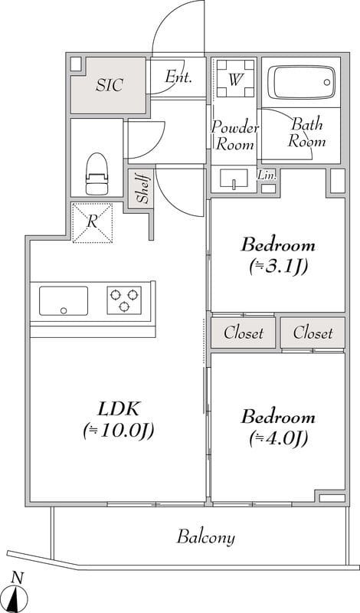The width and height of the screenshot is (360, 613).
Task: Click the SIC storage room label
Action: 110,85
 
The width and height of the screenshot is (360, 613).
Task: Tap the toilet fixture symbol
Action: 97,174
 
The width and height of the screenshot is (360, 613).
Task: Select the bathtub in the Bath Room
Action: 301,83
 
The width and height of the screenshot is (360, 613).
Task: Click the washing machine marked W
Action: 234,78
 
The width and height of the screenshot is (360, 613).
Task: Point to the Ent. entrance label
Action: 178,77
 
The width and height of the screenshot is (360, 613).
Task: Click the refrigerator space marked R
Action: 92,222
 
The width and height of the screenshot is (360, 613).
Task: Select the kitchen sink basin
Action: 64,300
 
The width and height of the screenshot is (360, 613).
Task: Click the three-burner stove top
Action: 124,300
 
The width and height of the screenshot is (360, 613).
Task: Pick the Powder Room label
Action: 235,136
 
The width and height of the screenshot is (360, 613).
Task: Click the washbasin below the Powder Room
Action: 234,179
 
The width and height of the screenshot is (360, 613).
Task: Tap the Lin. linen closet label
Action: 267,175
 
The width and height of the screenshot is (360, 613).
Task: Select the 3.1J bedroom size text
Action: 278,267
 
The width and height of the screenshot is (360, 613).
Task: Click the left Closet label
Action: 244,333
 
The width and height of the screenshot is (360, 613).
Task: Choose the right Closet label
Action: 313,333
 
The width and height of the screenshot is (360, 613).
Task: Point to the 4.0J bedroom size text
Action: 278,438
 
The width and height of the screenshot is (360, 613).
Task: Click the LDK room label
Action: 118,410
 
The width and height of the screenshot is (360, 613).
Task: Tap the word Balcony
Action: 206,537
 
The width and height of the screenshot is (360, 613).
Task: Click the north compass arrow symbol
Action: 17,598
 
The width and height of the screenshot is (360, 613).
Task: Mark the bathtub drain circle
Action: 327,82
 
